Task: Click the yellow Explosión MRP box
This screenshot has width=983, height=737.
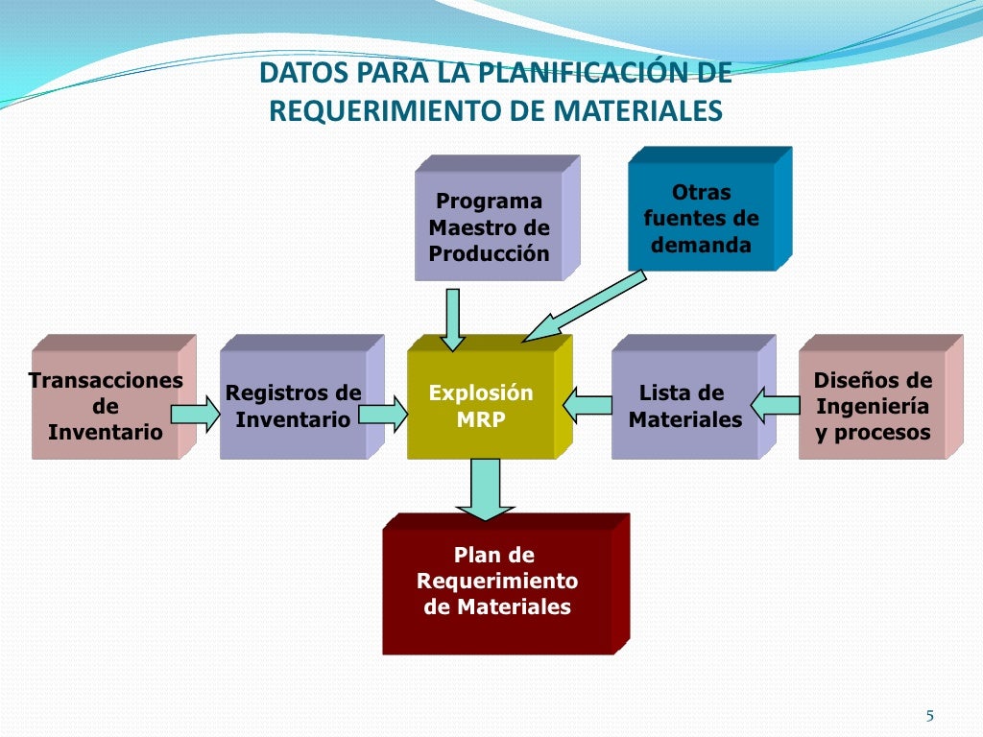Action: [481, 405]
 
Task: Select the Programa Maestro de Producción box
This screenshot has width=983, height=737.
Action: [489, 226]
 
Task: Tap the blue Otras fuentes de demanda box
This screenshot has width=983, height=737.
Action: [701, 218]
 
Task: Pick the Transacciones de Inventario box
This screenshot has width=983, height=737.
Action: [105, 405]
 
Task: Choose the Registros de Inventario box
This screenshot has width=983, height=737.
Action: [293, 405]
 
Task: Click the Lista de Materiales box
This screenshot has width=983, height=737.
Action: [684, 405]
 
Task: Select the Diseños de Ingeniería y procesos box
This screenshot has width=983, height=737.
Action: [872, 405]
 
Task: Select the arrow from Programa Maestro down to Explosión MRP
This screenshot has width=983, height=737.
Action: [452, 319]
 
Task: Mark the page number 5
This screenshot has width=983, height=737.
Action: [929, 715]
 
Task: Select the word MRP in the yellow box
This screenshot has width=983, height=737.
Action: [481, 419]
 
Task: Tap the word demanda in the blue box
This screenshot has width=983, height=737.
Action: [701, 244]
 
